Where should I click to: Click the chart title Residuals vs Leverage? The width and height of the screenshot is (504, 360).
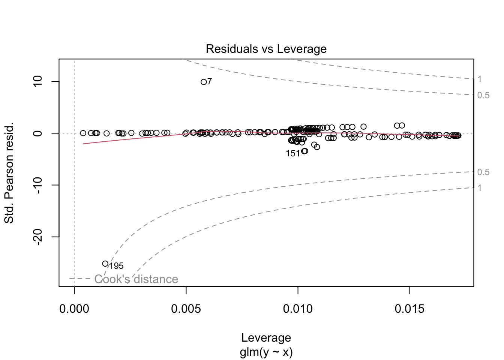point(266,49)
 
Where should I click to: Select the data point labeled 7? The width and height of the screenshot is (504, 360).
point(204,82)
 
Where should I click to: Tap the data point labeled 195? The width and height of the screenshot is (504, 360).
point(105,264)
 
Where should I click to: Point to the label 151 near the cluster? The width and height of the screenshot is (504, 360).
point(292,153)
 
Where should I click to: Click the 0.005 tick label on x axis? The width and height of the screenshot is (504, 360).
point(186,309)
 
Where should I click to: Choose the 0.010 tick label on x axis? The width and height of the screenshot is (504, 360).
point(298,309)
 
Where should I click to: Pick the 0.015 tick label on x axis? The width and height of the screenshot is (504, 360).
point(409,309)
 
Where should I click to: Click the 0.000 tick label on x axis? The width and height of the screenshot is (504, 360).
point(74,309)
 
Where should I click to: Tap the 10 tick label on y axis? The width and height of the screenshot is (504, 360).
point(38,81)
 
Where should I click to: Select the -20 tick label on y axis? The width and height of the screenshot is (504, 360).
point(38,237)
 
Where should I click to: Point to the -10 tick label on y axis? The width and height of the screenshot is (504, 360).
point(38,185)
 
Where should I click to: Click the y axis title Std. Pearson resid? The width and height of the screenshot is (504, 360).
point(9,172)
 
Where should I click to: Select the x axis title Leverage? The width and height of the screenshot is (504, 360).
point(266,337)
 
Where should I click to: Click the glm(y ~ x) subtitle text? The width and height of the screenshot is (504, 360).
point(266,352)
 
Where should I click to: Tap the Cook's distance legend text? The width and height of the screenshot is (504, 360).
point(136,279)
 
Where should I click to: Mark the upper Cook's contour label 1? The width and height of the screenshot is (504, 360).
point(480,79)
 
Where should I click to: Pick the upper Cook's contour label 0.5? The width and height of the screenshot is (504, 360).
point(483,95)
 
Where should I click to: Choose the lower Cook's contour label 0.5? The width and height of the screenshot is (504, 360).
point(483,172)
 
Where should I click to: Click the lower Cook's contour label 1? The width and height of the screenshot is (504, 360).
point(480,188)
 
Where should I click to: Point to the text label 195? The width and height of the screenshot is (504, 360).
point(116,266)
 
